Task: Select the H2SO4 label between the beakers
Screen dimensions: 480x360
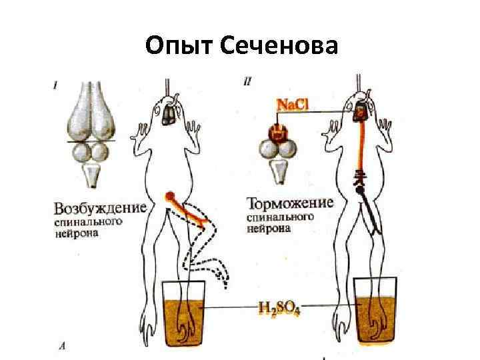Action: click(x=279, y=309)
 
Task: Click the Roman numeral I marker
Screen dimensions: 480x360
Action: click(x=55, y=85)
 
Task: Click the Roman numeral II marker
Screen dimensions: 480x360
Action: click(x=247, y=83)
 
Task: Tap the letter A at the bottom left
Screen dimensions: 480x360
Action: click(x=61, y=345)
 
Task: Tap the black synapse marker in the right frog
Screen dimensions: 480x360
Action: click(x=359, y=189)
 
